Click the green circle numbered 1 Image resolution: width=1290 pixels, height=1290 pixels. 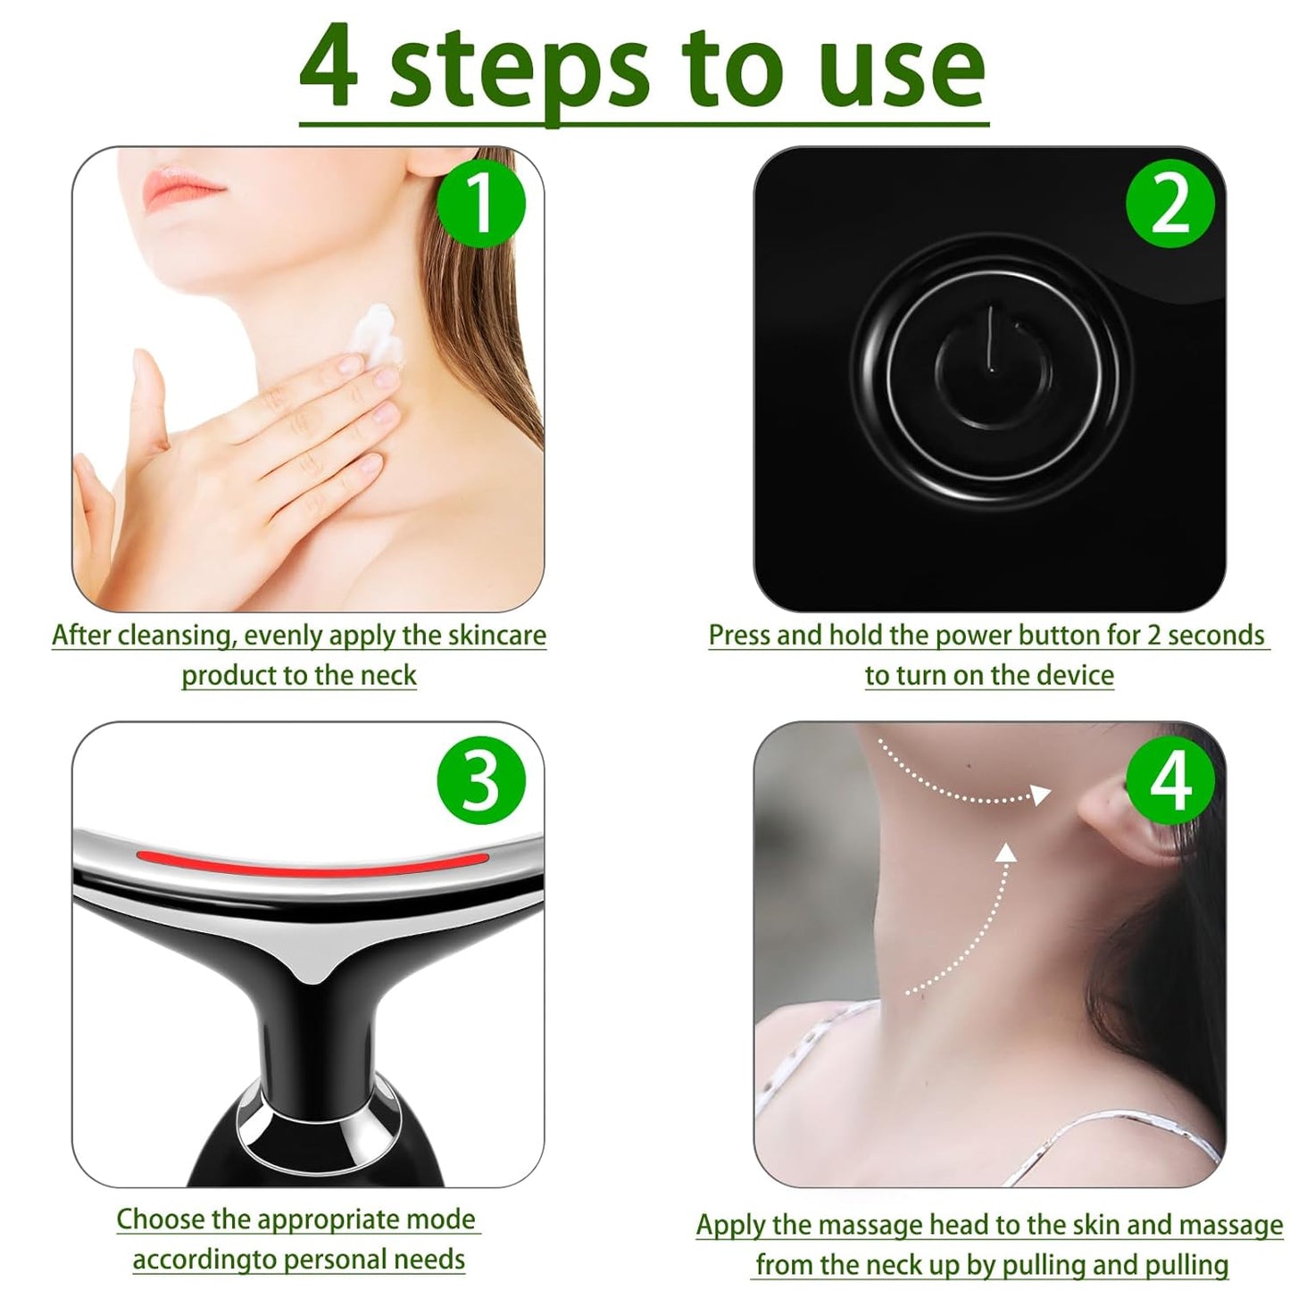[x=480, y=204]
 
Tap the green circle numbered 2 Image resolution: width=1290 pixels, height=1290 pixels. [x=1169, y=204]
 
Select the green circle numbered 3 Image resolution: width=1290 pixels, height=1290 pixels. [x=480, y=779]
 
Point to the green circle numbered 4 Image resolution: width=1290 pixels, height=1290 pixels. [x=1169, y=779]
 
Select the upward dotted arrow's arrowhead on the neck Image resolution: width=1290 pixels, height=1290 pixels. [x=1006, y=853]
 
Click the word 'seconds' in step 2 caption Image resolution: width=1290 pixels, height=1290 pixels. [x=1216, y=635]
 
